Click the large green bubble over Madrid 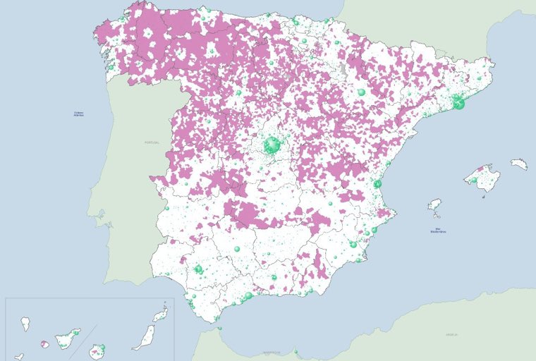pos(272,145)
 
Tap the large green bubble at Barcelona pos(458,104)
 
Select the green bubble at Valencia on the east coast pos(377,184)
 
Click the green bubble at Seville pos(199,269)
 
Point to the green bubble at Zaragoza pos(362,92)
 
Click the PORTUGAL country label pos(152,142)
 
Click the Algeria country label pos(451,335)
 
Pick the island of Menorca pos(519,164)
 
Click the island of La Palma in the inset pos(26,324)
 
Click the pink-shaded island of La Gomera pos(44,344)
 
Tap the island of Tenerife pos(68,338)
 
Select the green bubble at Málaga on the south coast pos(248,295)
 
